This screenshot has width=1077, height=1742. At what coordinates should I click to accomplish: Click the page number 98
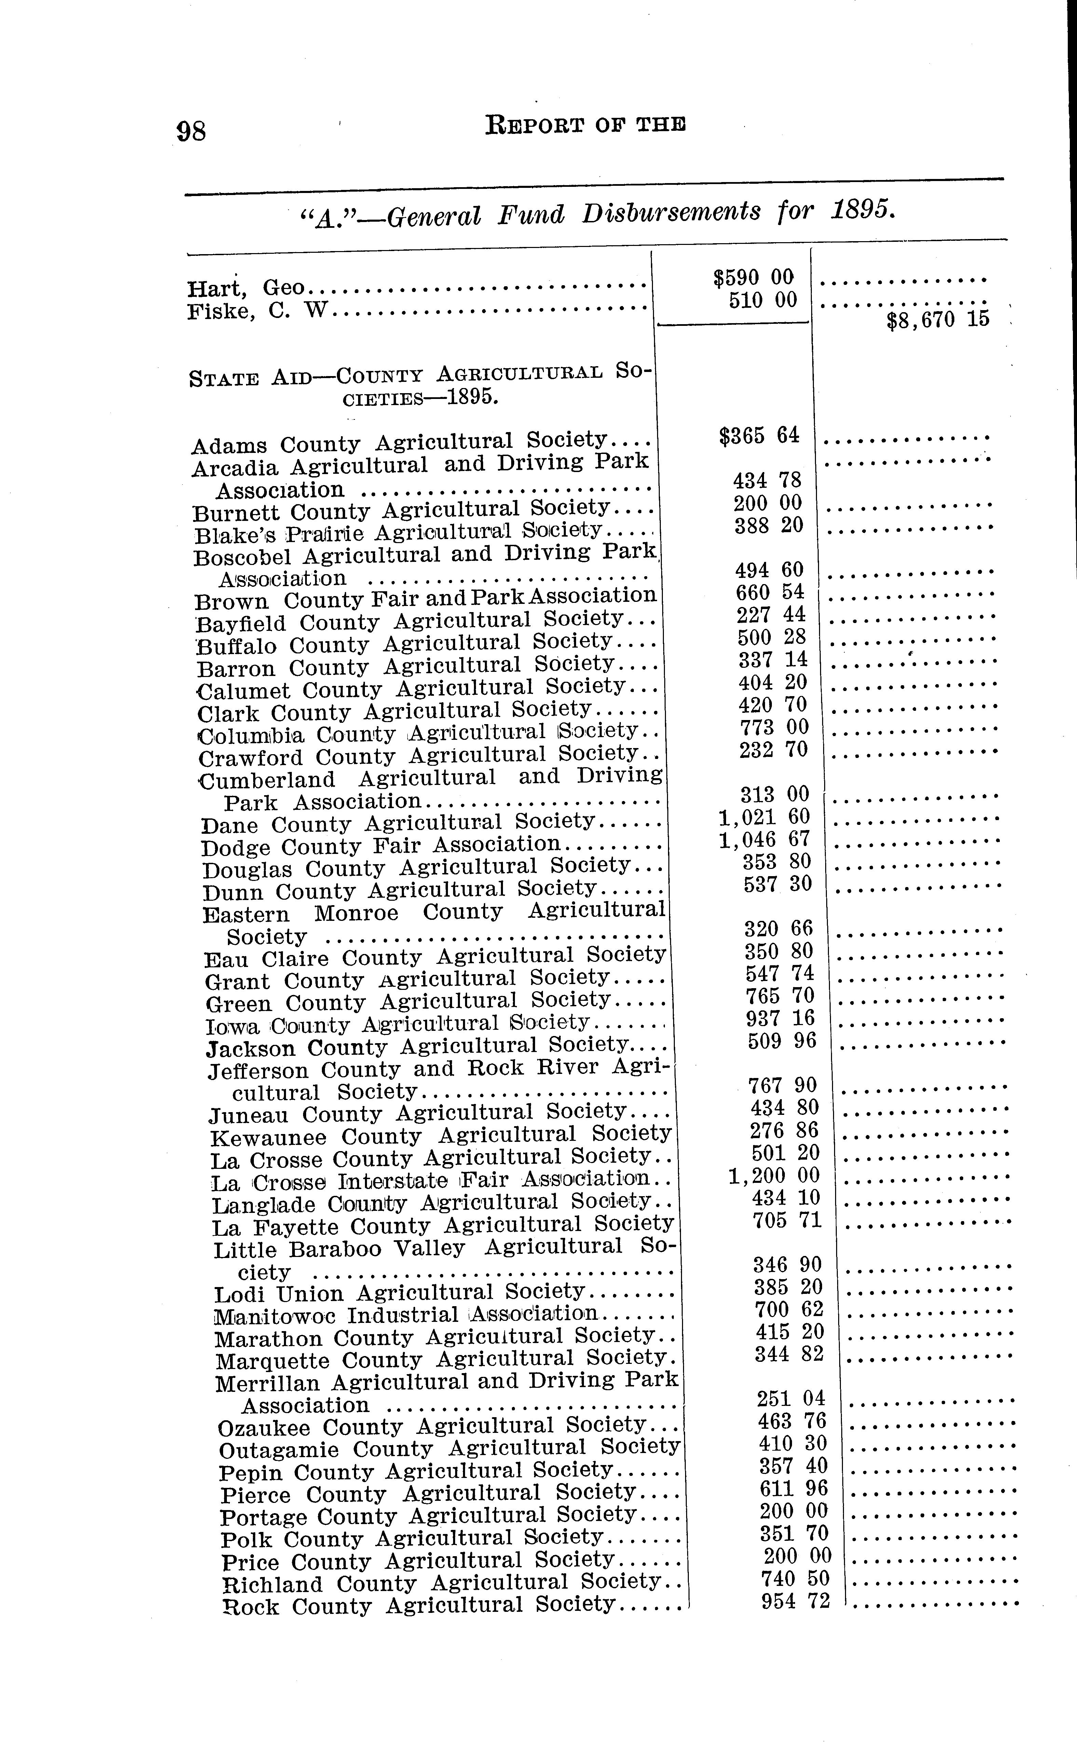tap(192, 131)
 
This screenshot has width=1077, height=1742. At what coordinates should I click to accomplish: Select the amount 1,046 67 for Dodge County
tap(764, 840)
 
